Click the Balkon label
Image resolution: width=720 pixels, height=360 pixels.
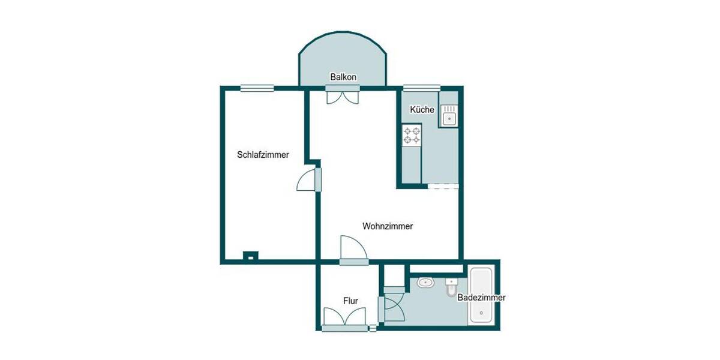[344, 77]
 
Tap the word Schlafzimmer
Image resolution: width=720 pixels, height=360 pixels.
[263, 154]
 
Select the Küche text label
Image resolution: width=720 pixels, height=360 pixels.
[422, 110]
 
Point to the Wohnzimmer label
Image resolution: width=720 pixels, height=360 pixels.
[388, 226]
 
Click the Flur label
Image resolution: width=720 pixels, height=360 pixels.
[351, 300]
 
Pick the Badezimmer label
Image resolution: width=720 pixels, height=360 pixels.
[481, 298]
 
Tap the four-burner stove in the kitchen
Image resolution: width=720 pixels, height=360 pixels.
[412, 135]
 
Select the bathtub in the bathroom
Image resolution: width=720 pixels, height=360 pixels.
[481, 295]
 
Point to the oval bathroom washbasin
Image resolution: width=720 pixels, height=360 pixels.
[427, 281]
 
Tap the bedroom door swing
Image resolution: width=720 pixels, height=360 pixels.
[307, 180]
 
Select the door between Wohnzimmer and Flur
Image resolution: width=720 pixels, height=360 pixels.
[353, 249]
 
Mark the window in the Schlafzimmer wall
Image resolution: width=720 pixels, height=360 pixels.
[257, 88]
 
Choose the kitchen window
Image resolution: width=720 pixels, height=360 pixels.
[421, 88]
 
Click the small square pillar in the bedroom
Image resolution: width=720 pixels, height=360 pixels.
[250, 256]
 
